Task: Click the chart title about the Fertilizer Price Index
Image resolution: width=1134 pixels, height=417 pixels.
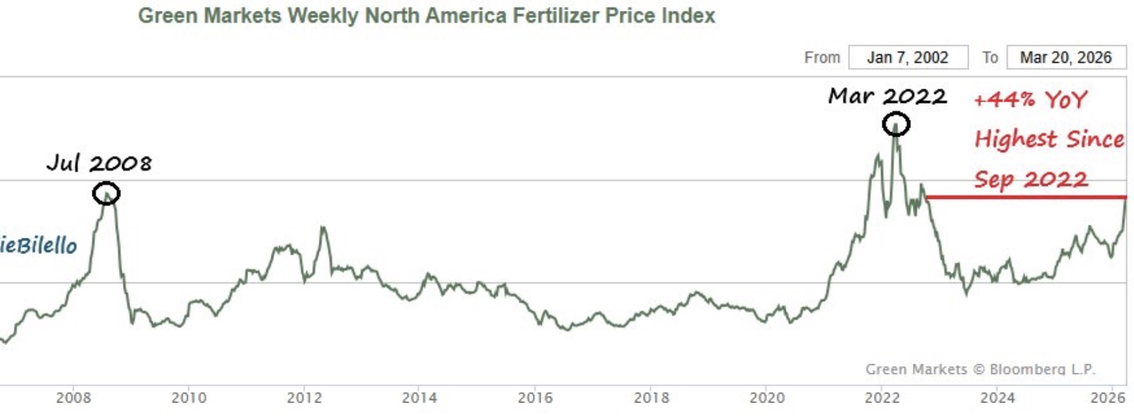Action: point(426,16)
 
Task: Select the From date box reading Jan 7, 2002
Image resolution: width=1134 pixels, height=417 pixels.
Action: point(907,58)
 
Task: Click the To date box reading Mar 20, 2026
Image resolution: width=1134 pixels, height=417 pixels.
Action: point(1066,58)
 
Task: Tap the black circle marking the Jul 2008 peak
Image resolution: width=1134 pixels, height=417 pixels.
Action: point(106,194)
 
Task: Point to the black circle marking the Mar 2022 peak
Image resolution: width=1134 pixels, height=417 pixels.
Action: point(895,125)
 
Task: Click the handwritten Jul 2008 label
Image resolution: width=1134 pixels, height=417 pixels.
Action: point(99,163)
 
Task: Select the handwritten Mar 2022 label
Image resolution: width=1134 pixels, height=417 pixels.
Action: point(887,96)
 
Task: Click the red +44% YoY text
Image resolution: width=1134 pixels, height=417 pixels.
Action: point(1030,99)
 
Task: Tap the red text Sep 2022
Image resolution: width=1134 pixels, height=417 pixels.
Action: point(1030,179)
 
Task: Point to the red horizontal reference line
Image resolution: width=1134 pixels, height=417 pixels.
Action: point(1025,197)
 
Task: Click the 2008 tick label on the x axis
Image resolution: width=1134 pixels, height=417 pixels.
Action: point(73,398)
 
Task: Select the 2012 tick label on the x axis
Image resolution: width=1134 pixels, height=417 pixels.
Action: point(304,398)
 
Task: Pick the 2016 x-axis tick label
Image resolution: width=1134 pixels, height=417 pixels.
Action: point(535,398)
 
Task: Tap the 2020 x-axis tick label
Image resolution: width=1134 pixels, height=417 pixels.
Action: point(767,398)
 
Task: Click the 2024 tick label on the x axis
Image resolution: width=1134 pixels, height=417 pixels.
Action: point(997,398)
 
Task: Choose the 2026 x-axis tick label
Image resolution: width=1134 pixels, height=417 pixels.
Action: point(1108,398)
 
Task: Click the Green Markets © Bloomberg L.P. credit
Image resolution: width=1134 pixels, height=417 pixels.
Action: point(980,369)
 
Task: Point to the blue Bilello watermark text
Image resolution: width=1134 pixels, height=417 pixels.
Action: point(38,246)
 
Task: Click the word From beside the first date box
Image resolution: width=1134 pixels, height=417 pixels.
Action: point(822,58)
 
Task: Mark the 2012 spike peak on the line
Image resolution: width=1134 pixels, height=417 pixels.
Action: point(323,227)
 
